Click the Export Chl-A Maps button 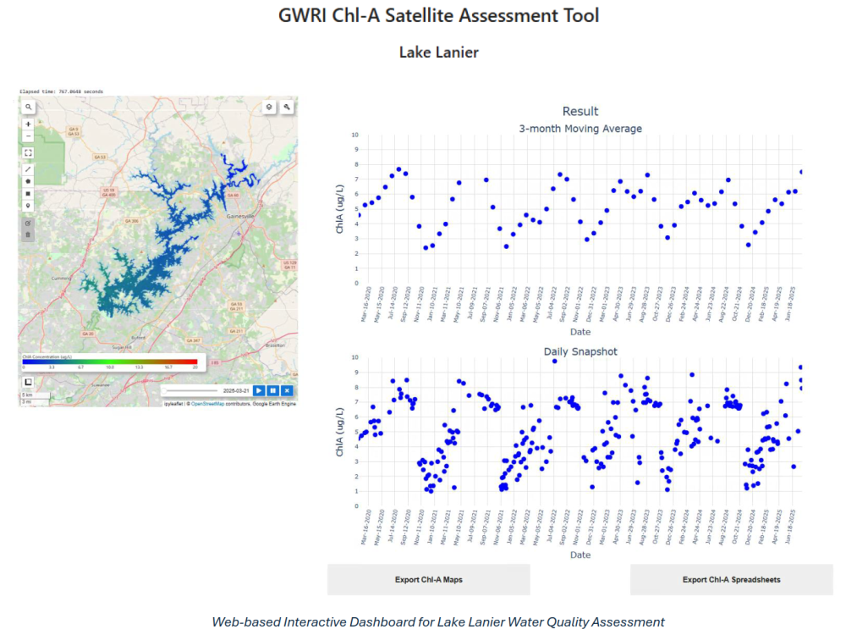[x=428, y=580]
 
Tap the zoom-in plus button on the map [x=29, y=124]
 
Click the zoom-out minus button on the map [x=29, y=135]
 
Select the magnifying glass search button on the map [x=29, y=108]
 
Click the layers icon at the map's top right [x=269, y=108]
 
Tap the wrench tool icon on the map [x=288, y=108]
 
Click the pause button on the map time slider [x=273, y=390]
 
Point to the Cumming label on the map [x=63, y=277]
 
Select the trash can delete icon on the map [x=29, y=235]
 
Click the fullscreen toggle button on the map [x=29, y=153]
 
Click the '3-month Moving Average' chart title [x=580, y=129]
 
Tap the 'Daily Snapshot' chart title [x=580, y=351]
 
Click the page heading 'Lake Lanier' [x=438, y=52]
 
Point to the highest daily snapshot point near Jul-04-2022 [x=555, y=361]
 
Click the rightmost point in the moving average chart [x=801, y=172]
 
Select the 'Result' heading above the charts [x=580, y=111]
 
